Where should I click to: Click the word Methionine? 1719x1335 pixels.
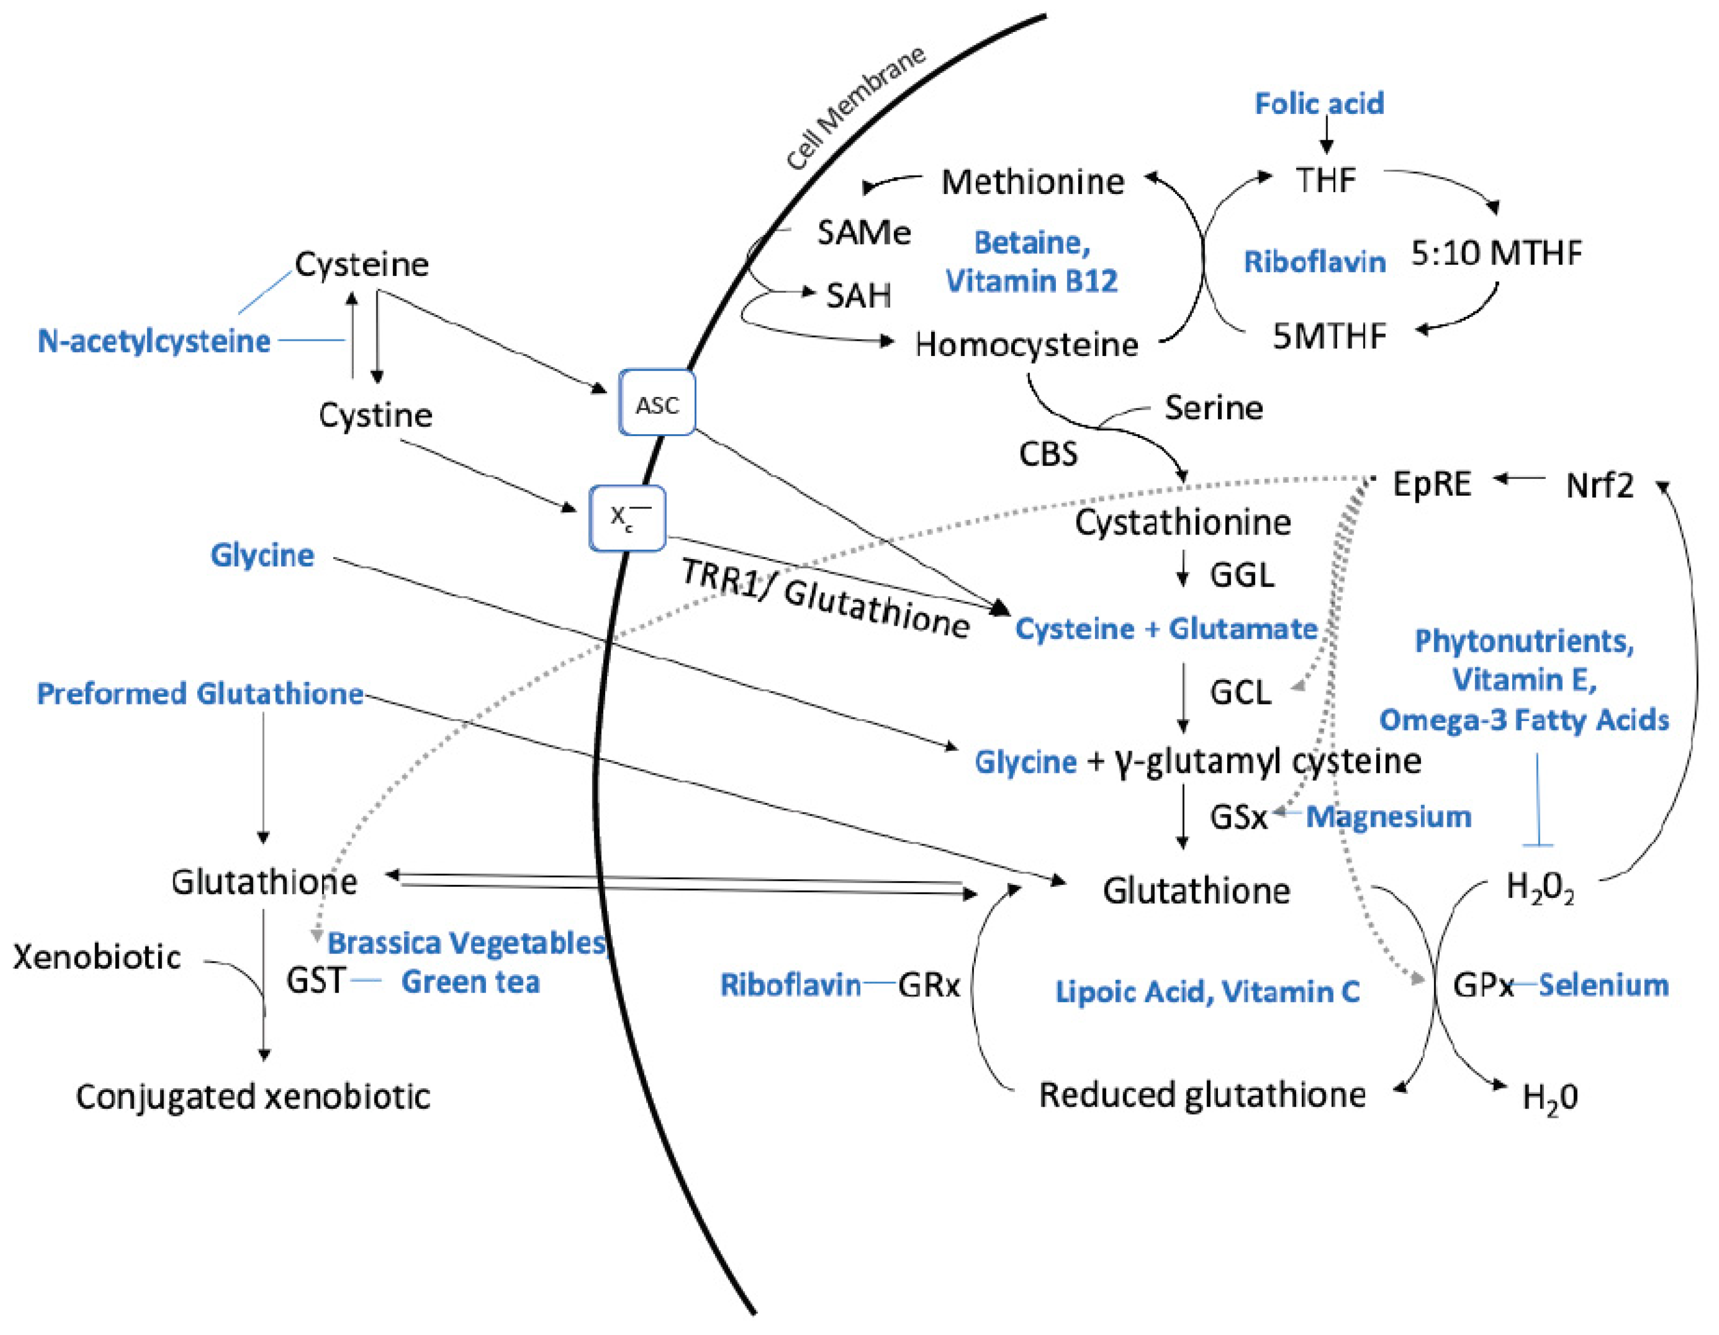(x=1033, y=182)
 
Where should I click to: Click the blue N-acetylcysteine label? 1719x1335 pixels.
(x=154, y=341)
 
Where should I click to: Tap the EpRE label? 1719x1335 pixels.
(x=1432, y=483)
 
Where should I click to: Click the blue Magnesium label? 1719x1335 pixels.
(x=1388, y=816)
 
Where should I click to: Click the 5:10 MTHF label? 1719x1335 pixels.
(x=1495, y=253)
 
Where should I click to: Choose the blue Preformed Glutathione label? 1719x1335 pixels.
(x=200, y=694)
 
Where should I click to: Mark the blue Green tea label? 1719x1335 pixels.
(x=470, y=981)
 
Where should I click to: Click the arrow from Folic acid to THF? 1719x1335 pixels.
(x=1326, y=136)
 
